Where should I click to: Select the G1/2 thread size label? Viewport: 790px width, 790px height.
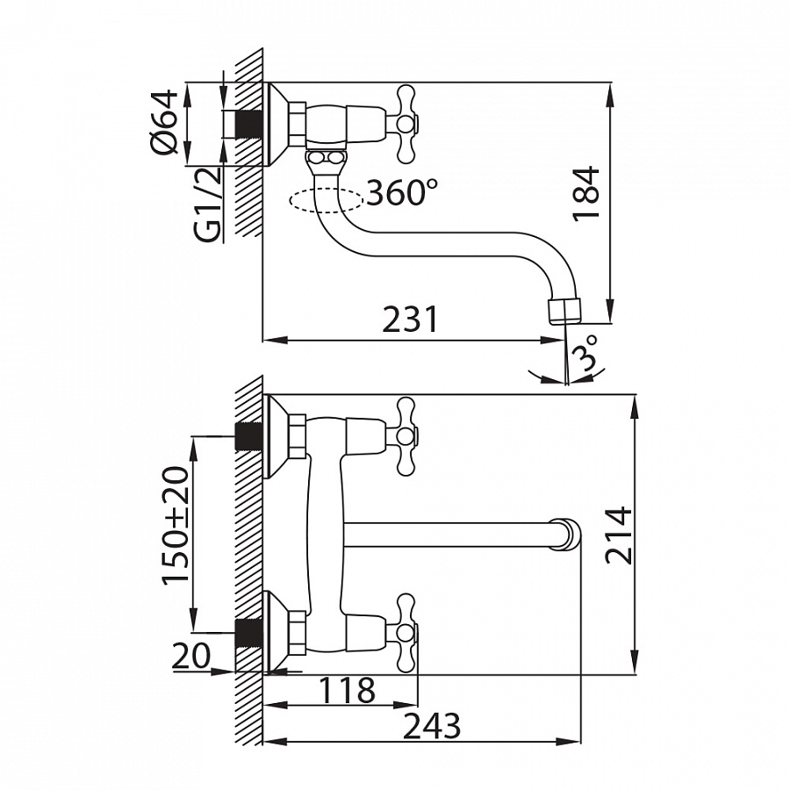[x=207, y=205]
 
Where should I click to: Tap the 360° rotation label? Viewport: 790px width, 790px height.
[x=402, y=192]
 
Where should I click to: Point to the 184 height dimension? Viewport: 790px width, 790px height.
[x=586, y=193]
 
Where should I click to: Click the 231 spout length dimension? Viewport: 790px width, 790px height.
[x=410, y=319]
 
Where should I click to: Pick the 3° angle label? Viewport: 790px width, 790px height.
[x=587, y=353]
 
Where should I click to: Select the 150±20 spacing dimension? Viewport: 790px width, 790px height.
[x=176, y=524]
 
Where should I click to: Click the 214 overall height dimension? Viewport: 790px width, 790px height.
[x=618, y=535]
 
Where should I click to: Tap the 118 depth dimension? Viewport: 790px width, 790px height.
[x=348, y=690]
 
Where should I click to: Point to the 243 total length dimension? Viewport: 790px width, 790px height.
[x=432, y=726]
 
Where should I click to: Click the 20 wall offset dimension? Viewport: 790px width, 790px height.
[x=190, y=655]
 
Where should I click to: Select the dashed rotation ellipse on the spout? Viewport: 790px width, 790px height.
[x=326, y=200]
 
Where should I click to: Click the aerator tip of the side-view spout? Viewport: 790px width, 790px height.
[x=564, y=311]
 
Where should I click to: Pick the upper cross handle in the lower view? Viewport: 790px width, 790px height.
[x=405, y=436]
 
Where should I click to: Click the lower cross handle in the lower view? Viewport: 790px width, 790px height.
[x=405, y=633]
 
